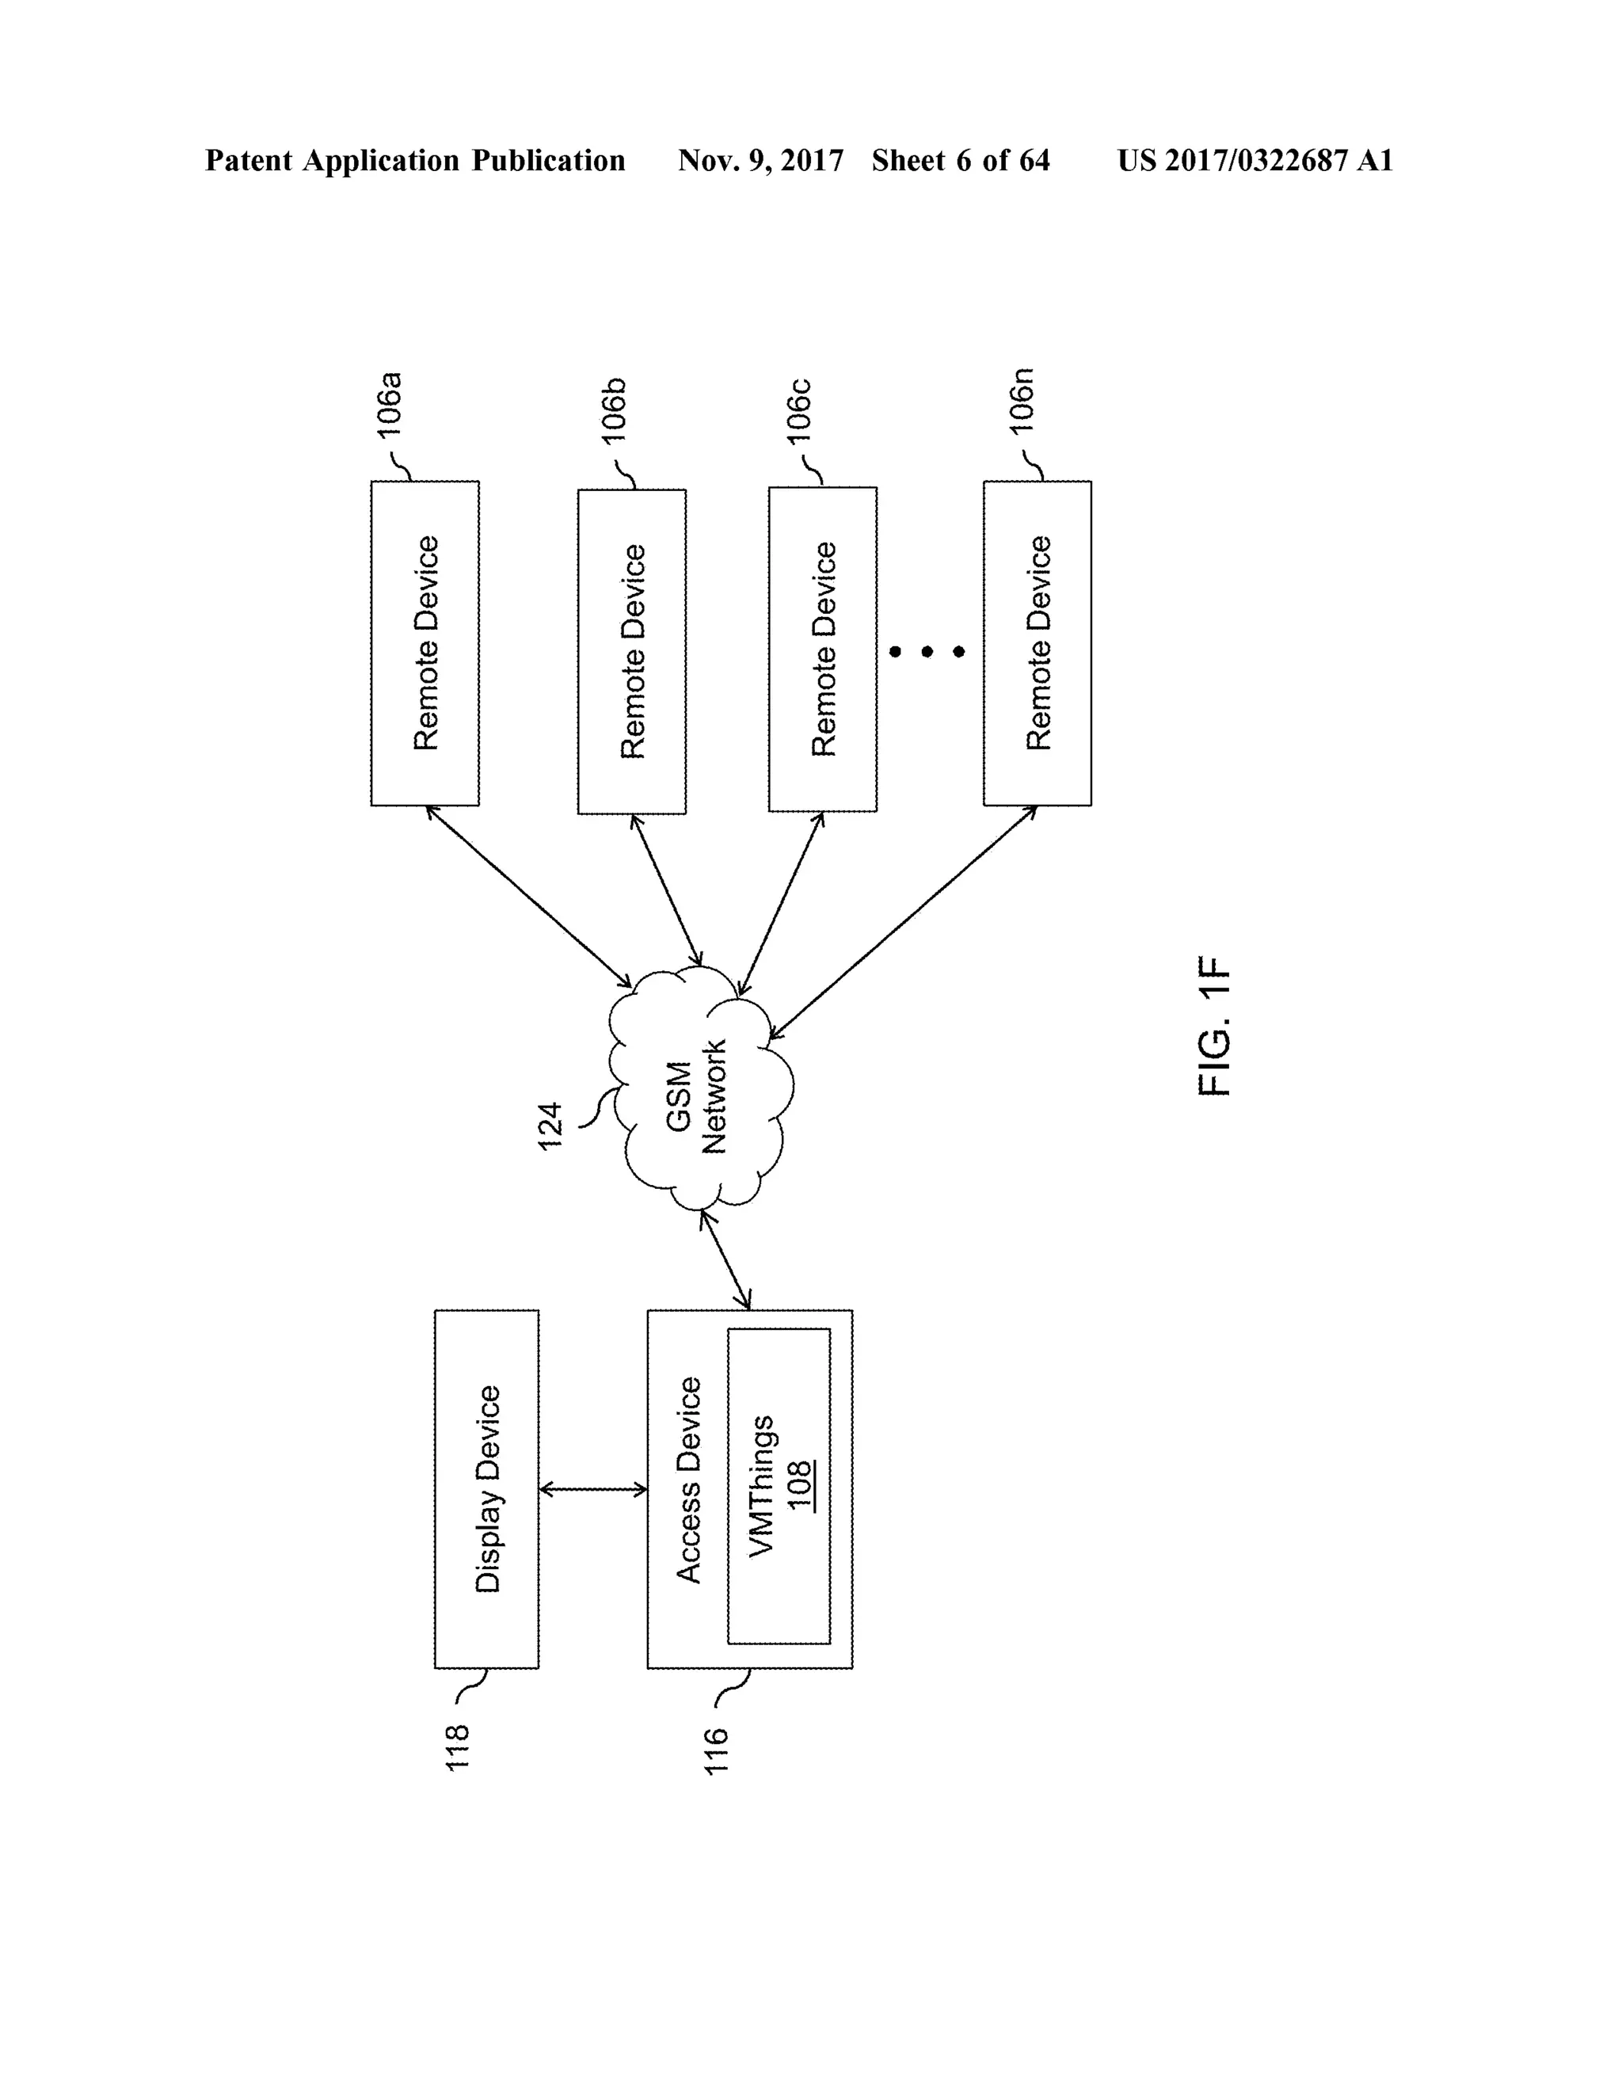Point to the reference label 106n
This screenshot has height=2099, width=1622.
1022,402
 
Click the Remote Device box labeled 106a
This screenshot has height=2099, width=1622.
425,643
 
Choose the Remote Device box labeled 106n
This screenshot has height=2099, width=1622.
1037,643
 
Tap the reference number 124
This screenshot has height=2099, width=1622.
550,1126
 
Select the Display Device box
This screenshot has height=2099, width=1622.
486,1490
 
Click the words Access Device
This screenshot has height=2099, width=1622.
689,1480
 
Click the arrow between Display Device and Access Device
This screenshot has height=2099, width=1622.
593,1490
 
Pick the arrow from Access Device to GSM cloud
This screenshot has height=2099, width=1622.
725,1260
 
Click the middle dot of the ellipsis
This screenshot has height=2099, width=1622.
927,653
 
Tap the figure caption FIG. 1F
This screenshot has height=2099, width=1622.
1215,1026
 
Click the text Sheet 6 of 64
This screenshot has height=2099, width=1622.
960,161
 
